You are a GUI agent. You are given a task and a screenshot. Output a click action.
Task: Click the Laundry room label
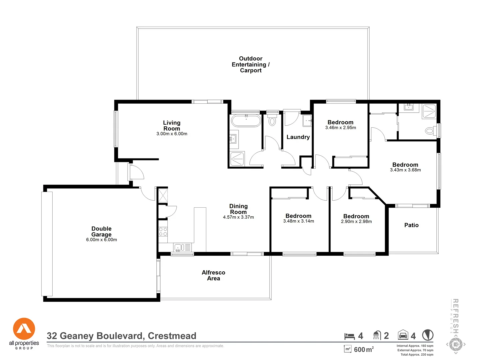tap(298, 137)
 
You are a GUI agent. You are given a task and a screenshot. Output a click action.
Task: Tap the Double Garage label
tap(101, 231)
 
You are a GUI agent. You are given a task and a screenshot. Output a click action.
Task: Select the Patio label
tap(411, 225)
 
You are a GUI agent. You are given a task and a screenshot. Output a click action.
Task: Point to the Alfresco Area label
tap(213, 275)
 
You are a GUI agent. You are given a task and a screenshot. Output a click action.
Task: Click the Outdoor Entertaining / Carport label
tap(251, 64)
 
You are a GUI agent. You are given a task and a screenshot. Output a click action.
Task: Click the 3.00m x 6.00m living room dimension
tap(172, 134)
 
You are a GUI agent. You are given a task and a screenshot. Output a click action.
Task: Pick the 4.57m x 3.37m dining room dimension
tap(238, 217)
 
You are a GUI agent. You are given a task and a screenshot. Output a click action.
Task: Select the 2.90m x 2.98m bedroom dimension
tap(356, 222)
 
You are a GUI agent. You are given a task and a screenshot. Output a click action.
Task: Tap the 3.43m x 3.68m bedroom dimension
tap(405, 170)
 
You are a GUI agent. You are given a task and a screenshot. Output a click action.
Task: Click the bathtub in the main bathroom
tap(246, 121)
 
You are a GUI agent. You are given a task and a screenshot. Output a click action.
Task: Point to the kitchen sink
tap(178, 248)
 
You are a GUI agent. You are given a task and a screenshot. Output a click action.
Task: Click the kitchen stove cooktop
tap(163, 232)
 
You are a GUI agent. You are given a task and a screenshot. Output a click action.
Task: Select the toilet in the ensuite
tap(430, 131)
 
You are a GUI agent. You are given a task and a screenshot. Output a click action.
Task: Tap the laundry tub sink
tap(307, 121)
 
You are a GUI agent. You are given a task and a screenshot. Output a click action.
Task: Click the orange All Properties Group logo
tap(24, 329)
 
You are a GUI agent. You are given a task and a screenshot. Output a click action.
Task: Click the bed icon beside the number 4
tap(349, 336)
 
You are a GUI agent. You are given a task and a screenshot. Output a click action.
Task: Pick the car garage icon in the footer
tap(403, 335)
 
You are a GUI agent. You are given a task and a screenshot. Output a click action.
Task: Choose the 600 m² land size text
tap(363, 349)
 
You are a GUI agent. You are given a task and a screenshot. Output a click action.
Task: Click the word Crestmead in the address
tap(172, 336)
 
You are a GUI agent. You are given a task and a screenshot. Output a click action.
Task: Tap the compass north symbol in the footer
tap(428, 335)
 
